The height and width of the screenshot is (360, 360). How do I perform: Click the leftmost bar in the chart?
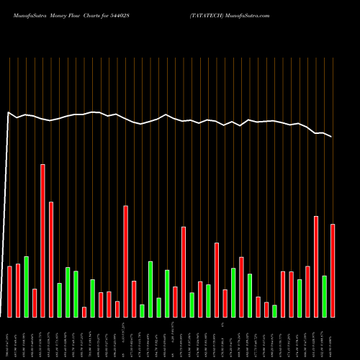(10, 292)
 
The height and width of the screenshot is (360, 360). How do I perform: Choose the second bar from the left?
(18, 290)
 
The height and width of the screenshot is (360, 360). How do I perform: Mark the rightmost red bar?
(333, 270)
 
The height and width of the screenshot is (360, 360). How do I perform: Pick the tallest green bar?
(26, 287)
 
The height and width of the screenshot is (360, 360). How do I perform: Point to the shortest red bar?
(84, 312)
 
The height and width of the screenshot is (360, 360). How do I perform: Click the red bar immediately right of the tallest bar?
(51, 259)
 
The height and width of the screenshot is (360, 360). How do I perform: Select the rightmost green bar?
(325, 296)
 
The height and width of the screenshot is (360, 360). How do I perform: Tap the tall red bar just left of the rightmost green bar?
(316, 266)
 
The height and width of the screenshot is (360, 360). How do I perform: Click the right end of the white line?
(332, 136)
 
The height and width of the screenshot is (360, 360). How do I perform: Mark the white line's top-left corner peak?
(9, 112)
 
